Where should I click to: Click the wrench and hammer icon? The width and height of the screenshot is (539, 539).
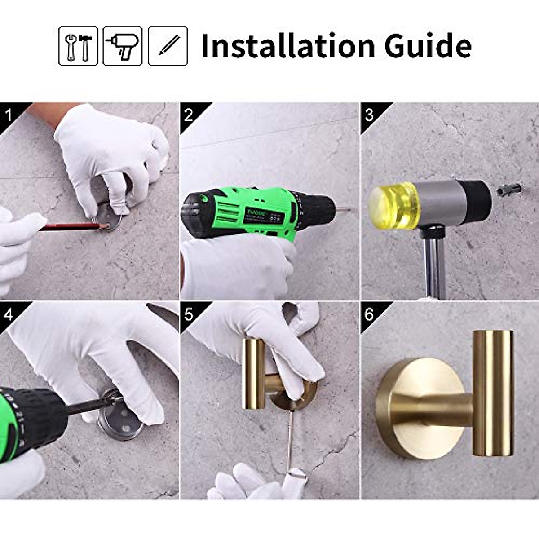tap(78, 46)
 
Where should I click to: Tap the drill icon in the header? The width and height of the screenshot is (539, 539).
tap(123, 46)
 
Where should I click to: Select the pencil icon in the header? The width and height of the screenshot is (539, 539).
tap(168, 46)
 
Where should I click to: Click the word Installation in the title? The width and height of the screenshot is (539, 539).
tap(287, 46)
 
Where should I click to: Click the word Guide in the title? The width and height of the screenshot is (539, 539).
tap(428, 46)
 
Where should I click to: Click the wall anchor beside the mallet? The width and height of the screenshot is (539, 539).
tap(509, 189)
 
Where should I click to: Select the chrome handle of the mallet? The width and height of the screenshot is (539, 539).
tap(434, 267)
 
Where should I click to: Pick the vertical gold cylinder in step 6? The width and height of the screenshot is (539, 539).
tap(493, 391)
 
